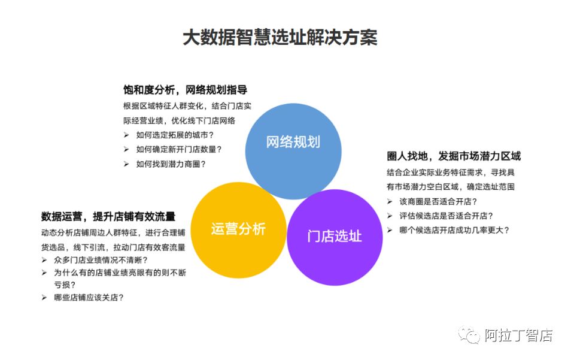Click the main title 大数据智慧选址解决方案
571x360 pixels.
[x=280, y=38]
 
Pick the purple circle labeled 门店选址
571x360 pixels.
[x=335, y=235]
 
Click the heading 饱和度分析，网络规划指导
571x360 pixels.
[x=184, y=90]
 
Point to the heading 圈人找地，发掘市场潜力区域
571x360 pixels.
[x=454, y=156]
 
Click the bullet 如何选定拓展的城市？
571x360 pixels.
[x=175, y=135]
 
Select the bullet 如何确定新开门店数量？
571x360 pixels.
[x=179, y=149]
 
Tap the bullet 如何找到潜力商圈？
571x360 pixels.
[x=171, y=164]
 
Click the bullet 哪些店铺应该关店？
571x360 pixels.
[x=89, y=297]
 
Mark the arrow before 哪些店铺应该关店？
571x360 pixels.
[x=44, y=297]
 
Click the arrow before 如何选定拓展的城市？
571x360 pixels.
[x=126, y=135]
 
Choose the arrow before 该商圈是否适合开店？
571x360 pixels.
[x=390, y=201]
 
